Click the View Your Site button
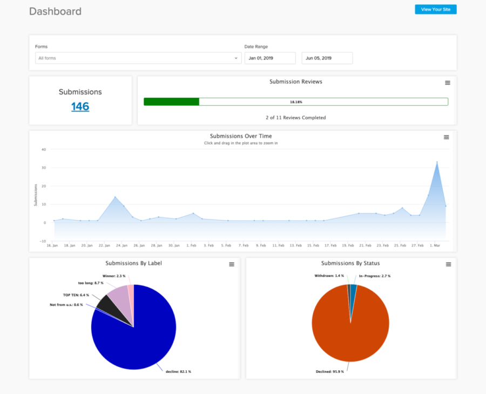435,9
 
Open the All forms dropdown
138,58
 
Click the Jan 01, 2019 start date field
270,58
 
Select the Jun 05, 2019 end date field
327,58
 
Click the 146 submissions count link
80,106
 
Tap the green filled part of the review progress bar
171,102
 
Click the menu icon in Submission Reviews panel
447,83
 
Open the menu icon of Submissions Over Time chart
446,137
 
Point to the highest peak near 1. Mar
437,162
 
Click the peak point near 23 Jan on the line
115,197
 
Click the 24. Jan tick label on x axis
122,245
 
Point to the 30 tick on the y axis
43,168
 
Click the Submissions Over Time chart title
241,136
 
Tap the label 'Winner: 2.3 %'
114,276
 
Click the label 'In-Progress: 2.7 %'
375,276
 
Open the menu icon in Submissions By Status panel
448,264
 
